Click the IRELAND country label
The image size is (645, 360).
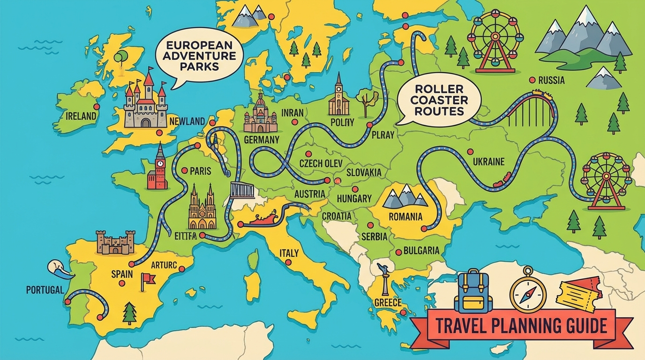pyautogui.click(x=81, y=116)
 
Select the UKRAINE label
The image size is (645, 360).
pyautogui.click(x=488, y=162)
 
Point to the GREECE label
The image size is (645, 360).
pyautogui.click(x=388, y=302)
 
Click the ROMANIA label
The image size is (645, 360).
pyautogui.click(x=405, y=217)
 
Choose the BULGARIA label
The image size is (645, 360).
pyautogui.click(x=421, y=250)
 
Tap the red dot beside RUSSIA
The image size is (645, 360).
pyautogui.click(x=532, y=80)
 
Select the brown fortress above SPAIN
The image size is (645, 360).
pyautogui.click(x=115, y=242)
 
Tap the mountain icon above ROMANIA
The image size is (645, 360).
pyautogui.click(x=405, y=196)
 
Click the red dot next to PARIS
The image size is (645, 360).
pyautogui.click(x=184, y=171)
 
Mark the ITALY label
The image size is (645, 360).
pyautogui.click(x=289, y=253)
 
